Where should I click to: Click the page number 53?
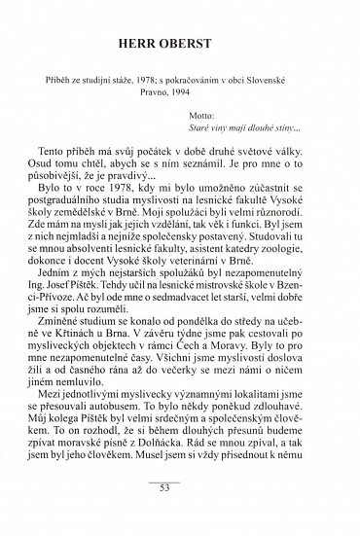pos(178,515)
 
